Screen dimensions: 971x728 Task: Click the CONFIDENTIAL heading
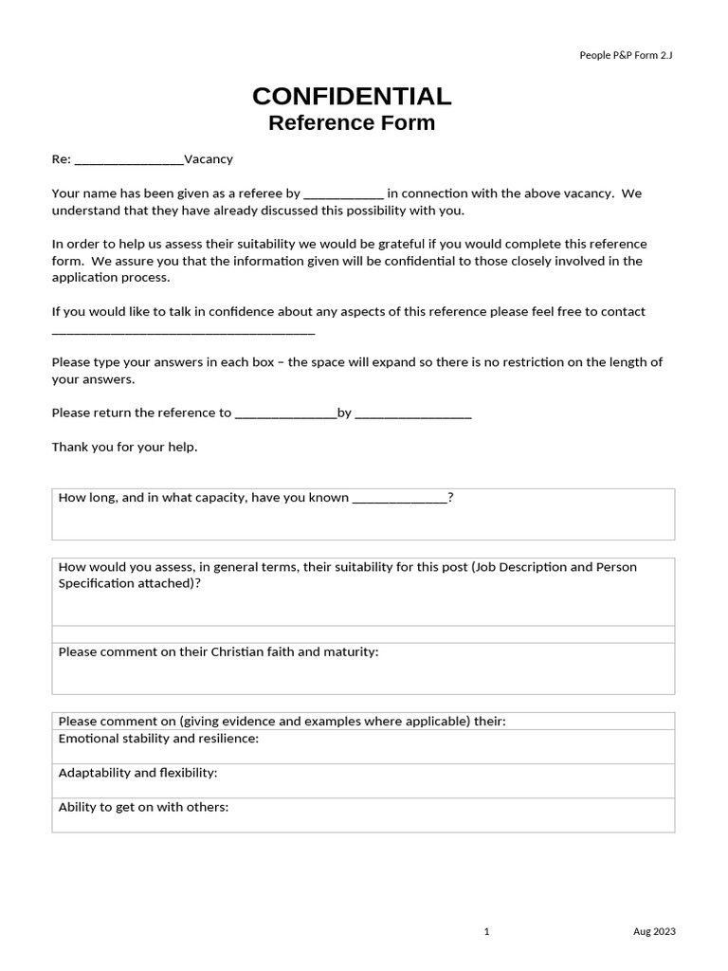click(352, 96)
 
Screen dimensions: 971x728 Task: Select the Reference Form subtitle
click(352, 122)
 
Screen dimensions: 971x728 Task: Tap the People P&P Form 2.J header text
click(626, 55)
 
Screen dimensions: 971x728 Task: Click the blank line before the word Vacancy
click(128, 160)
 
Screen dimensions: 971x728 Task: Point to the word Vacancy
click(209, 159)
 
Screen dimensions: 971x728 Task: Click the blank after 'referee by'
click(343, 194)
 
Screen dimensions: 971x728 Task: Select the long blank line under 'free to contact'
click(183, 333)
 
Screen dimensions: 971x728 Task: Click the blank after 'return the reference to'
click(285, 414)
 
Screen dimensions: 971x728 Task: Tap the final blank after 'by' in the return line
click(413, 414)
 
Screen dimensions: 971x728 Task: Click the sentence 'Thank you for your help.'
click(124, 447)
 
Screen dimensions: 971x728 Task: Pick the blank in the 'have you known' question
click(399, 499)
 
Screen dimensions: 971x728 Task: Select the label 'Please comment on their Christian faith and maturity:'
click(218, 652)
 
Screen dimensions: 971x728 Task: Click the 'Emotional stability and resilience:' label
click(158, 739)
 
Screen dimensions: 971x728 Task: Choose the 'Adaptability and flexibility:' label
click(137, 773)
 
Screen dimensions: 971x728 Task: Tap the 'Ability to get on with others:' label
click(143, 807)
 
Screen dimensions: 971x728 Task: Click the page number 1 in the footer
click(486, 932)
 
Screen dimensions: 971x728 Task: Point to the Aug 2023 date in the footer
click(654, 932)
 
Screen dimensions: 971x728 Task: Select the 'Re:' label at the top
click(61, 159)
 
